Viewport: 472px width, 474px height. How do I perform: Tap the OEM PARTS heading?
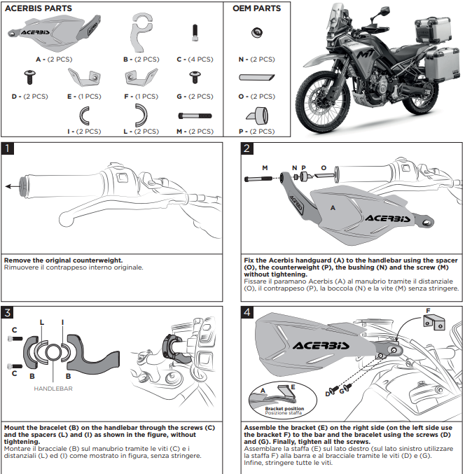[256, 8]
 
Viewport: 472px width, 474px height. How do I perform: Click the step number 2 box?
[247, 148]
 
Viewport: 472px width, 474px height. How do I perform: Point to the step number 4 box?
[247, 312]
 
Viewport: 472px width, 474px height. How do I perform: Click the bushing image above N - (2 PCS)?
[256, 31]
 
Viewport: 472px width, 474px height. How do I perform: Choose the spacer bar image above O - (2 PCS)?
[257, 78]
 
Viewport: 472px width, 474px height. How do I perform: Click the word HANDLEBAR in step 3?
[53, 387]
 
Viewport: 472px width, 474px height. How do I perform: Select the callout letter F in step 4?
[428, 309]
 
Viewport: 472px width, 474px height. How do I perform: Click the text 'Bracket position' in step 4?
[284, 408]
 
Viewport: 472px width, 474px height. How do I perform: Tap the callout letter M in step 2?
[265, 167]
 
